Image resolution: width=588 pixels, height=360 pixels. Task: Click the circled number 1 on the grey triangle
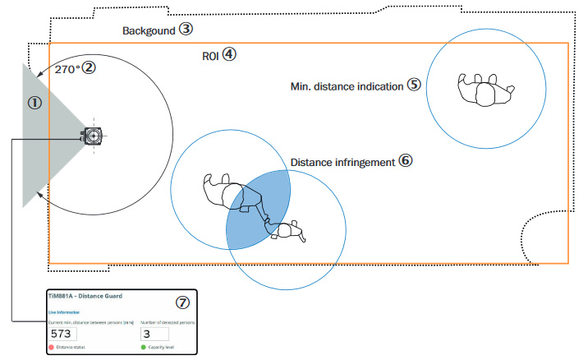(x=35, y=103)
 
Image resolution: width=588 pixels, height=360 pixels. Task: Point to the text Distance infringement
(x=342, y=162)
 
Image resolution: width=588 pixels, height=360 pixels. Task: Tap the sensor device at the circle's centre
(x=93, y=135)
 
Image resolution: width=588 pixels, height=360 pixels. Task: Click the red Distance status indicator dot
(x=52, y=348)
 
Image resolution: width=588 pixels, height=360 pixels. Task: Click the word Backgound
(x=150, y=30)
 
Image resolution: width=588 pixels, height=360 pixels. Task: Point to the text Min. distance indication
(x=347, y=85)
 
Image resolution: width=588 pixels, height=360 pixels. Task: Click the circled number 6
(x=405, y=160)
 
